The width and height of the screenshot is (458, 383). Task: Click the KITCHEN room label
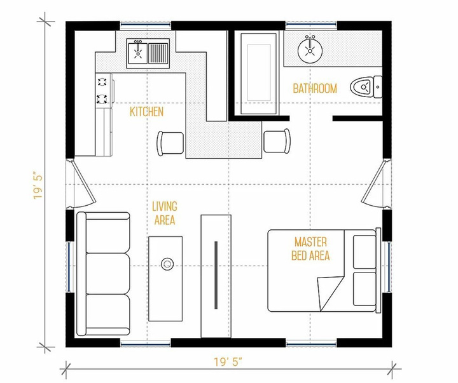point(147,112)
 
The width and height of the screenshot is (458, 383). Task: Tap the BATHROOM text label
point(315,88)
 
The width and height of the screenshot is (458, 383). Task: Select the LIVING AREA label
point(165,213)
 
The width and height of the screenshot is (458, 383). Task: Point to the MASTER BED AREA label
point(310,249)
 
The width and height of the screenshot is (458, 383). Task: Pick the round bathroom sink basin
point(310,50)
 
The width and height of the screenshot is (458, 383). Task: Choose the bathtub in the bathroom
point(259,73)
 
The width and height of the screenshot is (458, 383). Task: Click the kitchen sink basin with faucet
point(137,53)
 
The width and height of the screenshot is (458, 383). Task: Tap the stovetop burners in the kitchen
point(102,90)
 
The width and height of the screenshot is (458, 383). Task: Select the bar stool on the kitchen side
point(170,143)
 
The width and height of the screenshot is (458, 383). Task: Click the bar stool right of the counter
point(277,141)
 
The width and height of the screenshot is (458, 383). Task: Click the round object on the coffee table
point(167,264)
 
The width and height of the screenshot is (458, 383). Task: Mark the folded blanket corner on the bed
point(330,293)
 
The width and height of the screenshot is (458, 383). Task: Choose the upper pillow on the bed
point(364,252)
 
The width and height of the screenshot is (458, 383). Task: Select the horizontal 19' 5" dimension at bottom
point(228,362)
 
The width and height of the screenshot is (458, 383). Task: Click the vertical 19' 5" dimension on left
point(38,187)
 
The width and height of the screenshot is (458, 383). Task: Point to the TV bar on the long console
point(216,275)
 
